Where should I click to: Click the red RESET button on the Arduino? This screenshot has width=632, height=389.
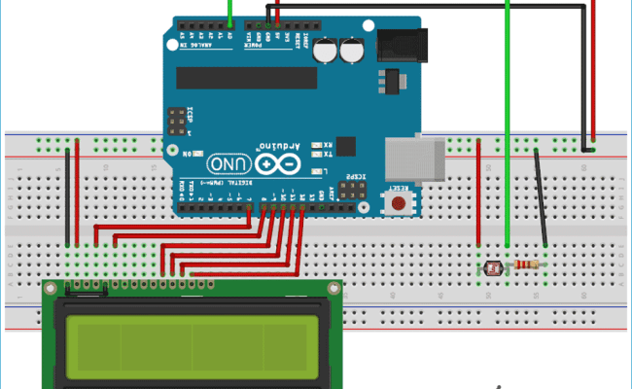[397, 203]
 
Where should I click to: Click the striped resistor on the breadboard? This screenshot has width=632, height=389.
[526, 265]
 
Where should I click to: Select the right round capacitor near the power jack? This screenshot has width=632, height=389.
[352, 51]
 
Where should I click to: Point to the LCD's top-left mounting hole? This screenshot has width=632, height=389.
[50, 290]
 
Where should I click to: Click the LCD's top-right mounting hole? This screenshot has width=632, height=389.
[334, 290]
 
